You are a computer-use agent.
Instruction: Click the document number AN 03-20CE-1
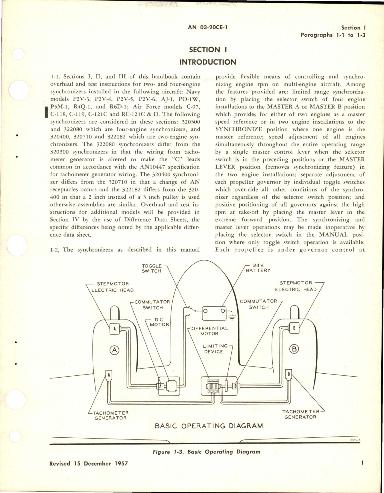click(208, 27)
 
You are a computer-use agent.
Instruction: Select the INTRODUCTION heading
click(208, 62)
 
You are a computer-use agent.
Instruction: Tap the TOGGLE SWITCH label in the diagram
click(151, 268)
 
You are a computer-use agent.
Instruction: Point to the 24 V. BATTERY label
click(258, 268)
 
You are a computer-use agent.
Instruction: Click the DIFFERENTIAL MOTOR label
click(209, 331)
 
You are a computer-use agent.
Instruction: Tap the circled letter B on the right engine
click(295, 349)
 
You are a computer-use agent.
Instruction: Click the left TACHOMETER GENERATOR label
click(110, 415)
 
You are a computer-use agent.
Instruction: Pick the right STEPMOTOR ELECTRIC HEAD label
click(295, 286)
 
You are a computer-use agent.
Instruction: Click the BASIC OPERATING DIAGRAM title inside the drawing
click(209, 426)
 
